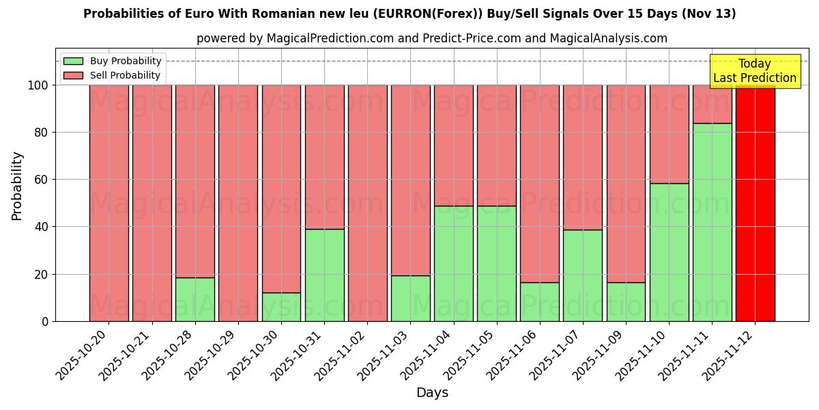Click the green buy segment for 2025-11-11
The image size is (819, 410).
click(712, 222)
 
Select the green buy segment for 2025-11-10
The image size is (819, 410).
click(669, 252)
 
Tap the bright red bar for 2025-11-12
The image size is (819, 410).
click(755, 203)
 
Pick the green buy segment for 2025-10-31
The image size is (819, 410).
click(324, 275)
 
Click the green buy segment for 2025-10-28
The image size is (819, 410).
click(195, 299)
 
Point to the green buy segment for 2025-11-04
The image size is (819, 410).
click(453, 263)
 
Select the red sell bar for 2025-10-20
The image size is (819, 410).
click(109, 203)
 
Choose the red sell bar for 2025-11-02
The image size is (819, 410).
click(367, 203)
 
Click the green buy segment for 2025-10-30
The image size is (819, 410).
click(281, 307)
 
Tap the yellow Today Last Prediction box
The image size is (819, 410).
click(754, 71)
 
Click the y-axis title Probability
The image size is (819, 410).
click(17, 186)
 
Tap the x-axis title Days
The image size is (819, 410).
click(432, 393)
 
